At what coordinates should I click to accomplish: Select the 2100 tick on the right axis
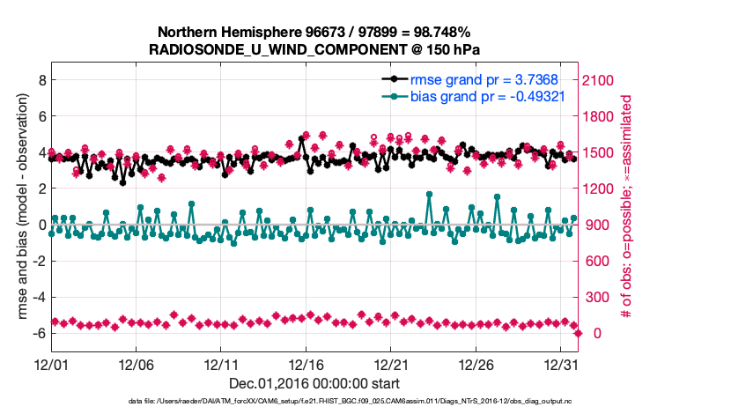pos(601,79)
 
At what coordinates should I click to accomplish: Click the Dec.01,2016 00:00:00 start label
pos(314,383)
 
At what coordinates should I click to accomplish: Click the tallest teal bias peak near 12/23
pos(429,194)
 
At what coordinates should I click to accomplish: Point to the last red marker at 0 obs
pos(579,333)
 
